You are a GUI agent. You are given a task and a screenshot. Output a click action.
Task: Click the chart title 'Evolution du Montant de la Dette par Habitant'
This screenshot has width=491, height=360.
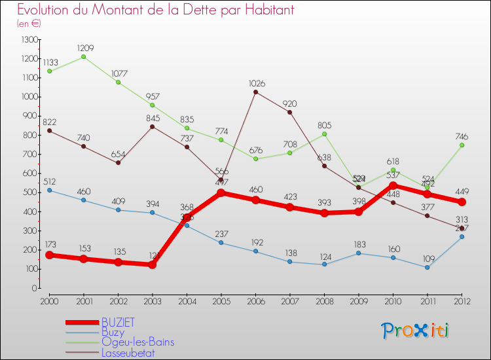[x=155, y=10]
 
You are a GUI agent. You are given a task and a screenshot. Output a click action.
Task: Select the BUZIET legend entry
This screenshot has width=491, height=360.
[x=118, y=322]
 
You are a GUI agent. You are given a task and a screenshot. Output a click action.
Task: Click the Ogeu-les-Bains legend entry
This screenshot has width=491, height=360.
[x=137, y=342]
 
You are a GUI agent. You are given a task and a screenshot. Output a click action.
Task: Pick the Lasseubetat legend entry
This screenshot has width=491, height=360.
[x=128, y=353]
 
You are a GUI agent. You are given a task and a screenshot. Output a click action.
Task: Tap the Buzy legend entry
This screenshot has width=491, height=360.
[x=113, y=333]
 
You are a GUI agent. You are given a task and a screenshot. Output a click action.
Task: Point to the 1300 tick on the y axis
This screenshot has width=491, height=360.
[x=29, y=40]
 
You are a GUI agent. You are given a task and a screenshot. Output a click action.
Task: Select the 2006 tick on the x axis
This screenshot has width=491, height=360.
[x=255, y=301]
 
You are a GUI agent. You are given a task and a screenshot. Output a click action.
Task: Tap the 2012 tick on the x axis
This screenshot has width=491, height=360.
[x=462, y=301]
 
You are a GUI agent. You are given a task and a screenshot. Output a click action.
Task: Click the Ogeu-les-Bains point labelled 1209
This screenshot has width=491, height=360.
[x=84, y=57]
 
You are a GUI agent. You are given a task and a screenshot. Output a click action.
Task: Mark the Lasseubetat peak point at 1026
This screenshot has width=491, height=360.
[x=255, y=92]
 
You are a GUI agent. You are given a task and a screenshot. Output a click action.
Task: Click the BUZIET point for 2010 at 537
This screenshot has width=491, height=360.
[x=393, y=185]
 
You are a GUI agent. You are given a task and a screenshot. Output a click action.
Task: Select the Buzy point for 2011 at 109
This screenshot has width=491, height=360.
[x=427, y=267]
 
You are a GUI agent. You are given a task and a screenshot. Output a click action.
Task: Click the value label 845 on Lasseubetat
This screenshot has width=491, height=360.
[x=153, y=118]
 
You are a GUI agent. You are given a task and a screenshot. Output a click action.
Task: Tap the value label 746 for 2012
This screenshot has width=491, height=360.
[x=462, y=135]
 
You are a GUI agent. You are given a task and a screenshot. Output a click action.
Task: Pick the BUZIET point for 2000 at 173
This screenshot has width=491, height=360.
[x=49, y=255]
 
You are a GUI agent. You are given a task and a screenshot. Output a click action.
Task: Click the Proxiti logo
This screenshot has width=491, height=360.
[x=416, y=331]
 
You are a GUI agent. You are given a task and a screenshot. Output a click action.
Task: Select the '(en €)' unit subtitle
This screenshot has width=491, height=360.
[x=29, y=24]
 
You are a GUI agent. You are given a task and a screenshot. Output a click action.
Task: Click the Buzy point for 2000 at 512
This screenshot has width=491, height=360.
[x=49, y=190]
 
